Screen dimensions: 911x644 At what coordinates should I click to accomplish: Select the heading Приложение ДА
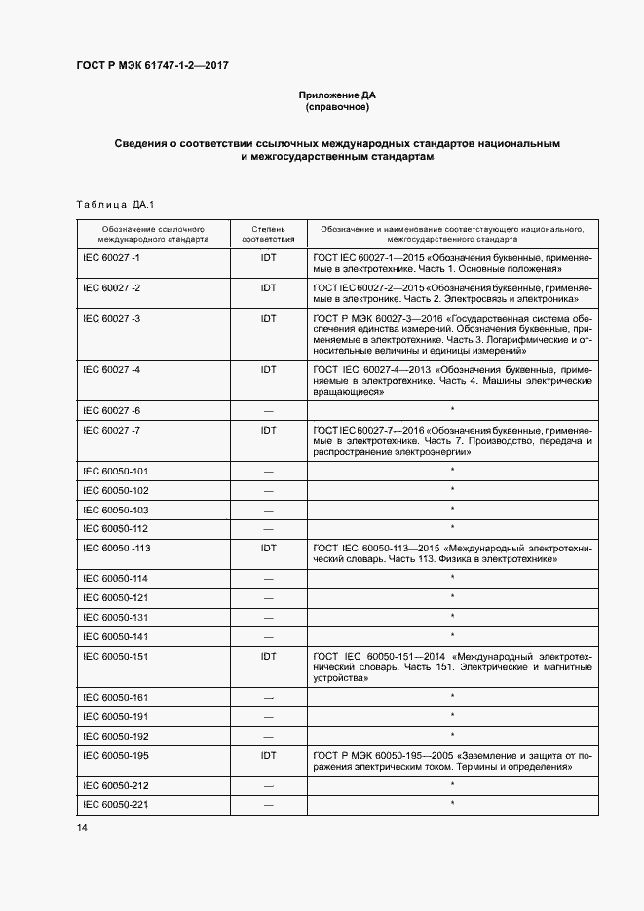(336, 95)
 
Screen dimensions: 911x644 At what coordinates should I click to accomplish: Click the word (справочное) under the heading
(336, 107)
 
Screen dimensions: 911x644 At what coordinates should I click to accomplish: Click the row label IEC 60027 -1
(112, 257)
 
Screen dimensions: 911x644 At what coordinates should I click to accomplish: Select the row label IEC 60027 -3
(112, 318)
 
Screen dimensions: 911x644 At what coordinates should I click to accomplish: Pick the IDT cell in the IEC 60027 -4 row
(268, 370)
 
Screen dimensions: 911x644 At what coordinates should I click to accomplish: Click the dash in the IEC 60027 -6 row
(268, 411)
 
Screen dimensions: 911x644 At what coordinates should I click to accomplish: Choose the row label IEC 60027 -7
(112, 430)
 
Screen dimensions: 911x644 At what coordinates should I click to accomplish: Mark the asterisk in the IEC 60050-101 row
(453, 471)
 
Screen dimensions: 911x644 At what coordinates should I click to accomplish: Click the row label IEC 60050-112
(116, 529)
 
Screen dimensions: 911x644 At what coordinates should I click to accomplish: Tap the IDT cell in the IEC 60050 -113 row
(268, 549)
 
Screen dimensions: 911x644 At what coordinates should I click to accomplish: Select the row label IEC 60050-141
(116, 636)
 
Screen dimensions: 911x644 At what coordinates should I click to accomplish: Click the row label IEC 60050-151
(116, 656)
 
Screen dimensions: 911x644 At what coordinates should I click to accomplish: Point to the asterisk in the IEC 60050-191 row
(453, 716)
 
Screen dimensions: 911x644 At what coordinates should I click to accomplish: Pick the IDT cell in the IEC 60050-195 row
(268, 755)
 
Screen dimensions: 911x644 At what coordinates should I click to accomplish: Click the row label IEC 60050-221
(116, 804)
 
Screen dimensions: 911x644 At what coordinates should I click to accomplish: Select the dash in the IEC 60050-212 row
(268, 785)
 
